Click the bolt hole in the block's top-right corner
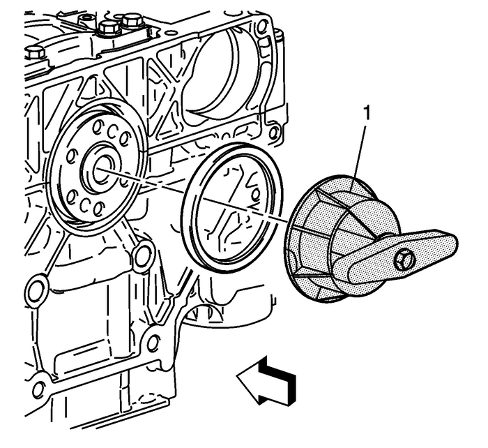coord(261,28)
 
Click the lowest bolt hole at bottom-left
coord(41,389)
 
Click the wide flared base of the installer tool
coord(310,241)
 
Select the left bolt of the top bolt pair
coord(109,29)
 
